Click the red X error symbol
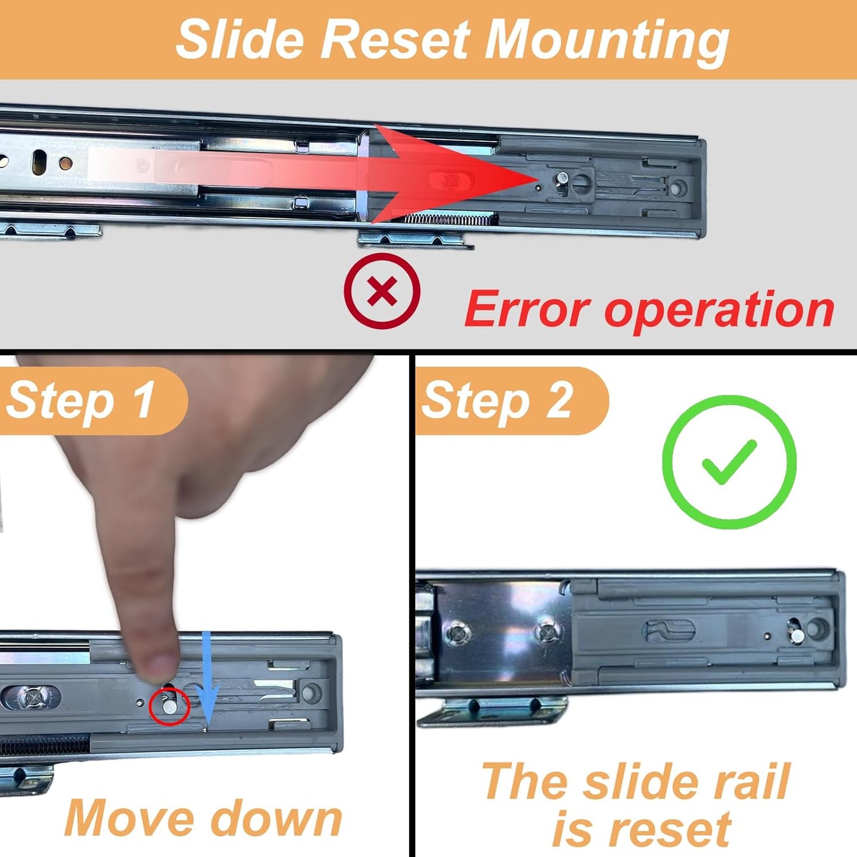tap(382, 291)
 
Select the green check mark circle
tap(729, 462)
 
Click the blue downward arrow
tap(207, 679)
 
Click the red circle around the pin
tap(169, 706)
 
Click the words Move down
tap(203, 818)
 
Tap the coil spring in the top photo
tap(451, 220)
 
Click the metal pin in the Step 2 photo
tap(798, 636)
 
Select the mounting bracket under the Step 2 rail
tap(492, 710)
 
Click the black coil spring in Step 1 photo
tap(44, 746)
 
